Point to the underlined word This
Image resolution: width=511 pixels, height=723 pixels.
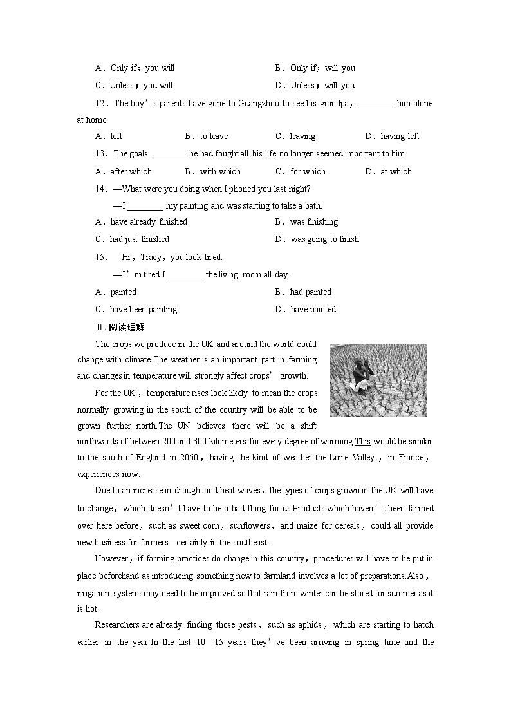tap(362, 442)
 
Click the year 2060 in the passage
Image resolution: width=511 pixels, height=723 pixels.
tap(190, 458)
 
